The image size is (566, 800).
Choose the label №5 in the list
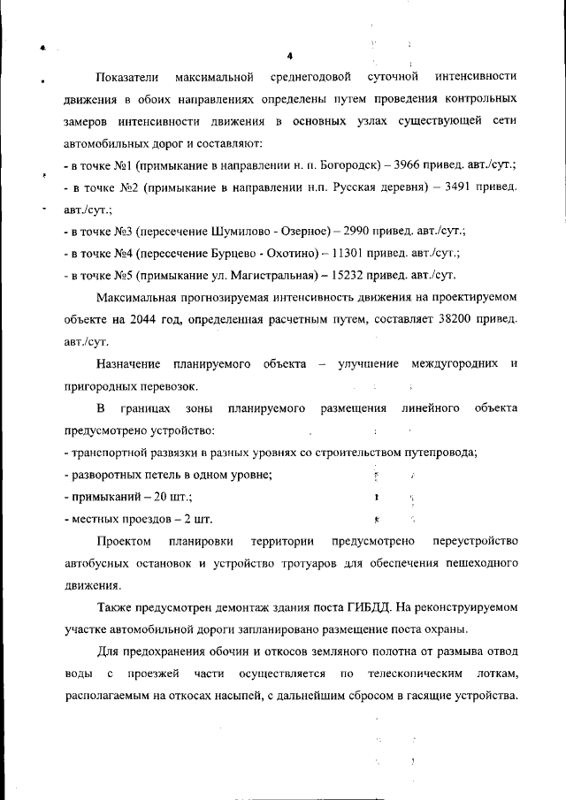[121, 274]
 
